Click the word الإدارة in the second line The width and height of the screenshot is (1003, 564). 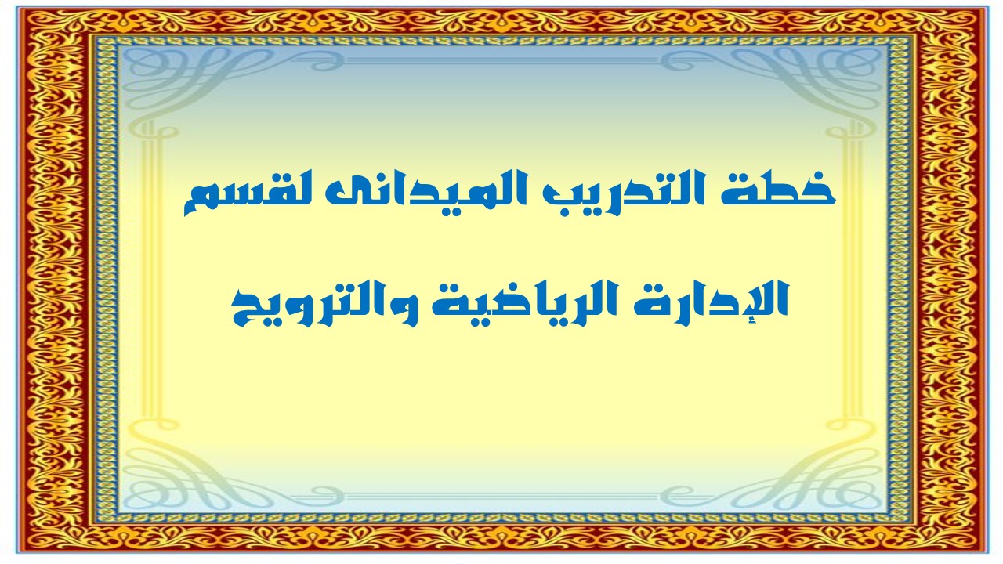[713, 301]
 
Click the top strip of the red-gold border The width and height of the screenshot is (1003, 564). [501, 20]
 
